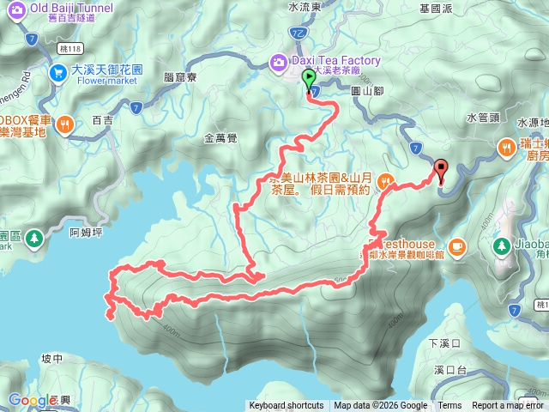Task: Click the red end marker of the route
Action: pos(442,170)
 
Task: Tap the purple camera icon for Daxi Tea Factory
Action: pos(279,62)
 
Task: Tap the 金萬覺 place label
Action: pos(221,137)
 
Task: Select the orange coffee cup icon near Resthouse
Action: pos(456,247)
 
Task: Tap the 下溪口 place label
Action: pos(444,343)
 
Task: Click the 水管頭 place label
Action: pos(483,117)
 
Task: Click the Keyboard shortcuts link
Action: pos(287,406)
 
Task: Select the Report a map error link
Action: pos(508,406)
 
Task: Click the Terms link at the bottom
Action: pos(449,406)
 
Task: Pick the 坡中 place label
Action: pos(51,359)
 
